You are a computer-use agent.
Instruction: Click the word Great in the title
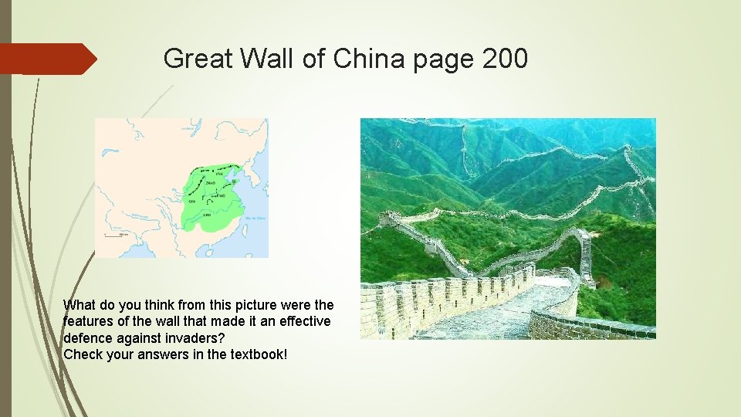[193, 59]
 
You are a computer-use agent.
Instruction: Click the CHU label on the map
[206, 214]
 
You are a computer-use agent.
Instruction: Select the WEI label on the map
[222, 196]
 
